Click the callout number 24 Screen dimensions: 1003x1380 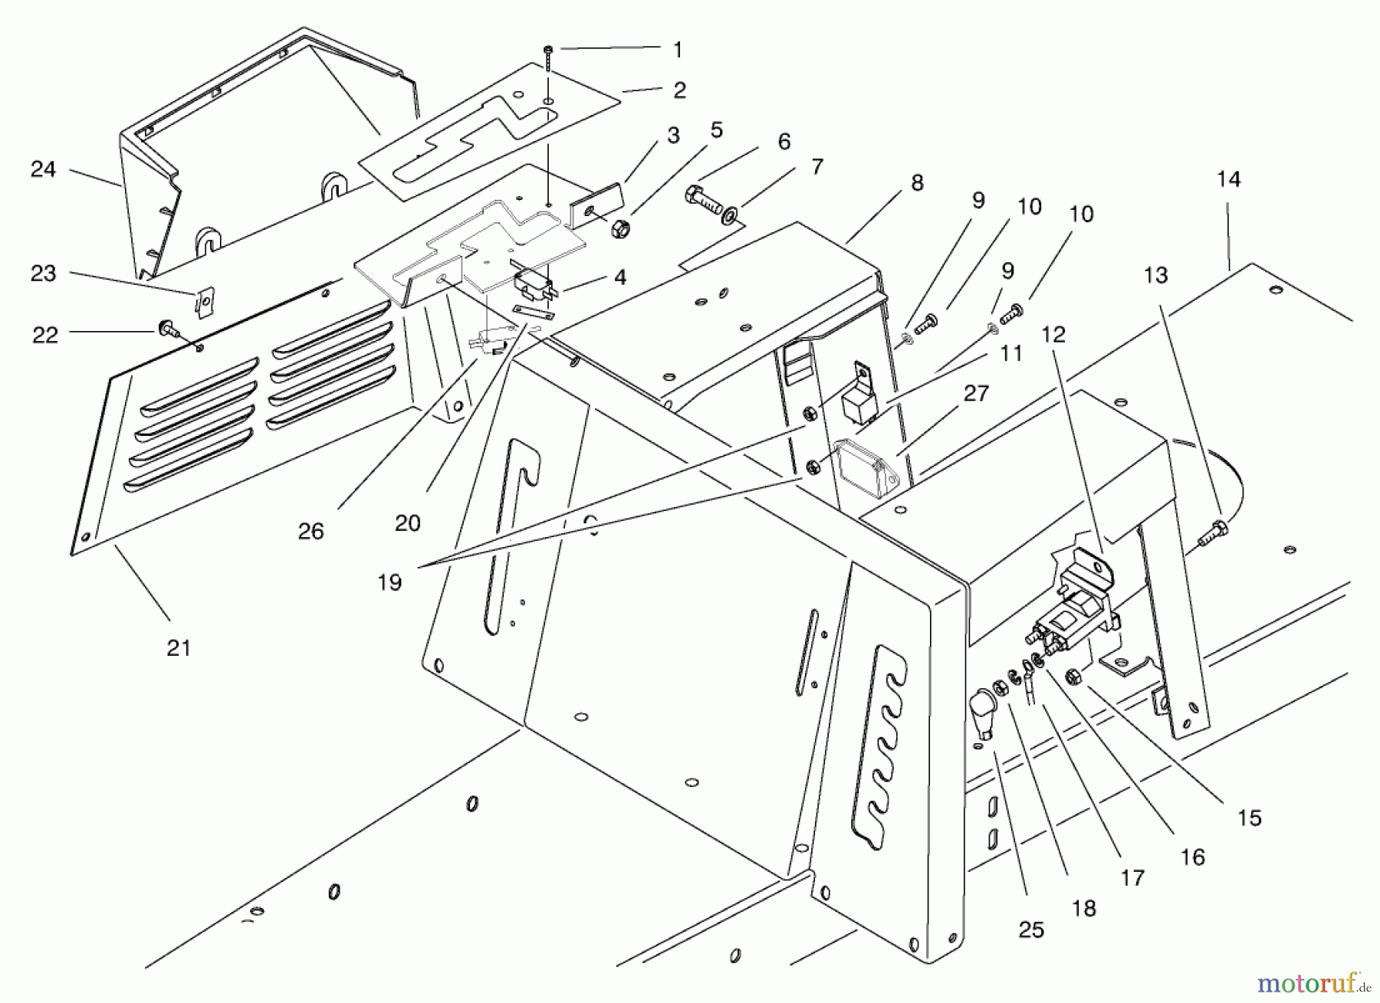point(43,169)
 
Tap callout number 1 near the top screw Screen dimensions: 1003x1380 point(677,51)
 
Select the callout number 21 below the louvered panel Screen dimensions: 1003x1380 point(179,648)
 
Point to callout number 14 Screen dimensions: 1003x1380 point(1227,179)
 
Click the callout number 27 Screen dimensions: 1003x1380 point(977,394)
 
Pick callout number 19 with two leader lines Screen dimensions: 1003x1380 point(389,583)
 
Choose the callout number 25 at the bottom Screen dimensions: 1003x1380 point(1031,930)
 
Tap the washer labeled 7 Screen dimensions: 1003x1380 point(731,210)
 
